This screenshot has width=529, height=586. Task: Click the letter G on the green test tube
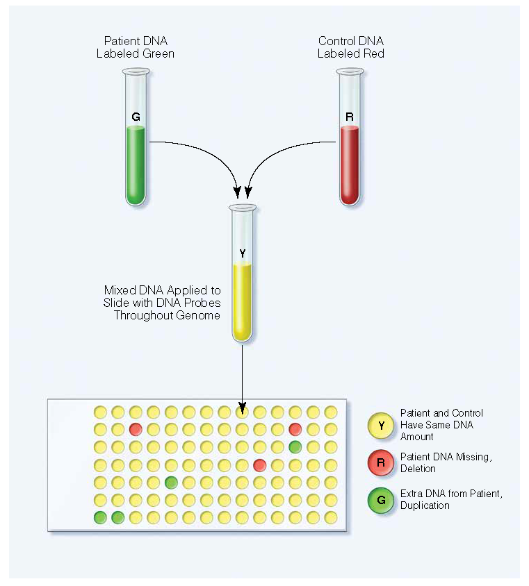tap(136, 117)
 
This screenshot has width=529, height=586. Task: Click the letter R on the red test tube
tap(350, 117)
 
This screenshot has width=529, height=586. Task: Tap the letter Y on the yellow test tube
tap(242, 253)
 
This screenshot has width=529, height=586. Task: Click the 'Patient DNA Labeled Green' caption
tap(136, 47)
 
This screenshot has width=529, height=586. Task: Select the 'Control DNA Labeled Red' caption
tap(351, 47)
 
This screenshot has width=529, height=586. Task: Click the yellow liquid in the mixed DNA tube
tap(242, 302)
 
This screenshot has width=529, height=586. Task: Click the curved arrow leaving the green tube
tap(202, 149)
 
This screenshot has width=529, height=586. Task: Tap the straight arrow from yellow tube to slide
tap(242, 375)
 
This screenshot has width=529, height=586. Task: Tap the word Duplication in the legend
tap(425, 505)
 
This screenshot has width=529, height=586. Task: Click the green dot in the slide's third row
tap(295, 446)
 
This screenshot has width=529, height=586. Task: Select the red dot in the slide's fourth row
tap(259, 464)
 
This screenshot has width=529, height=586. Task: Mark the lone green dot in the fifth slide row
tap(171, 482)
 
